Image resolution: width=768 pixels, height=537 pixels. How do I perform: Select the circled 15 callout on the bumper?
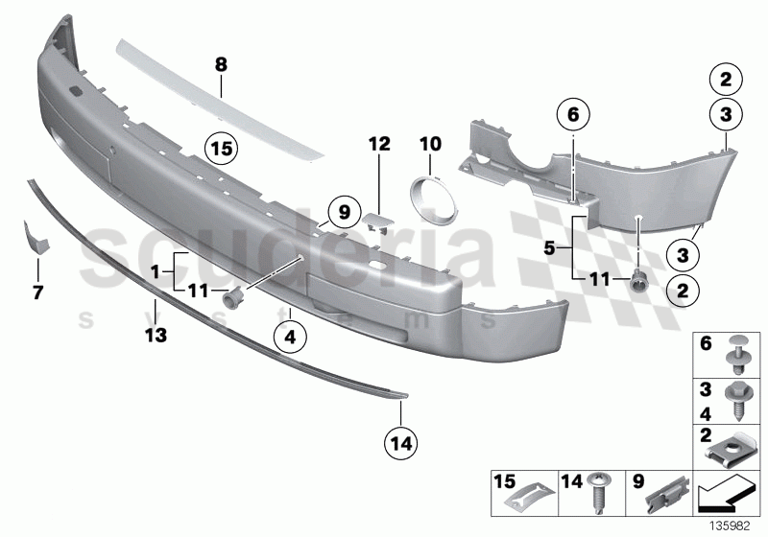[x=222, y=149]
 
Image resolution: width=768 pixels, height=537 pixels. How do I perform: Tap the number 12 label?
[x=379, y=144]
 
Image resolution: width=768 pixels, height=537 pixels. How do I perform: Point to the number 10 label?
[x=428, y=144]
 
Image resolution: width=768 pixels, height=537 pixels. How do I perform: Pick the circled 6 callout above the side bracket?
[x=573, y=114]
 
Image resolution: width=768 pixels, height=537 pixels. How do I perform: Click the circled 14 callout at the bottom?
[x=400, y=443]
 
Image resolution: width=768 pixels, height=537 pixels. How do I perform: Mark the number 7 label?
[x=38, y=292]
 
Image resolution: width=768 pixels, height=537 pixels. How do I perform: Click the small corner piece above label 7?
[x=34, y=237]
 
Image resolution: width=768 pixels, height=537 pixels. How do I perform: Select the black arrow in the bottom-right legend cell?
[x=726, y=496]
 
